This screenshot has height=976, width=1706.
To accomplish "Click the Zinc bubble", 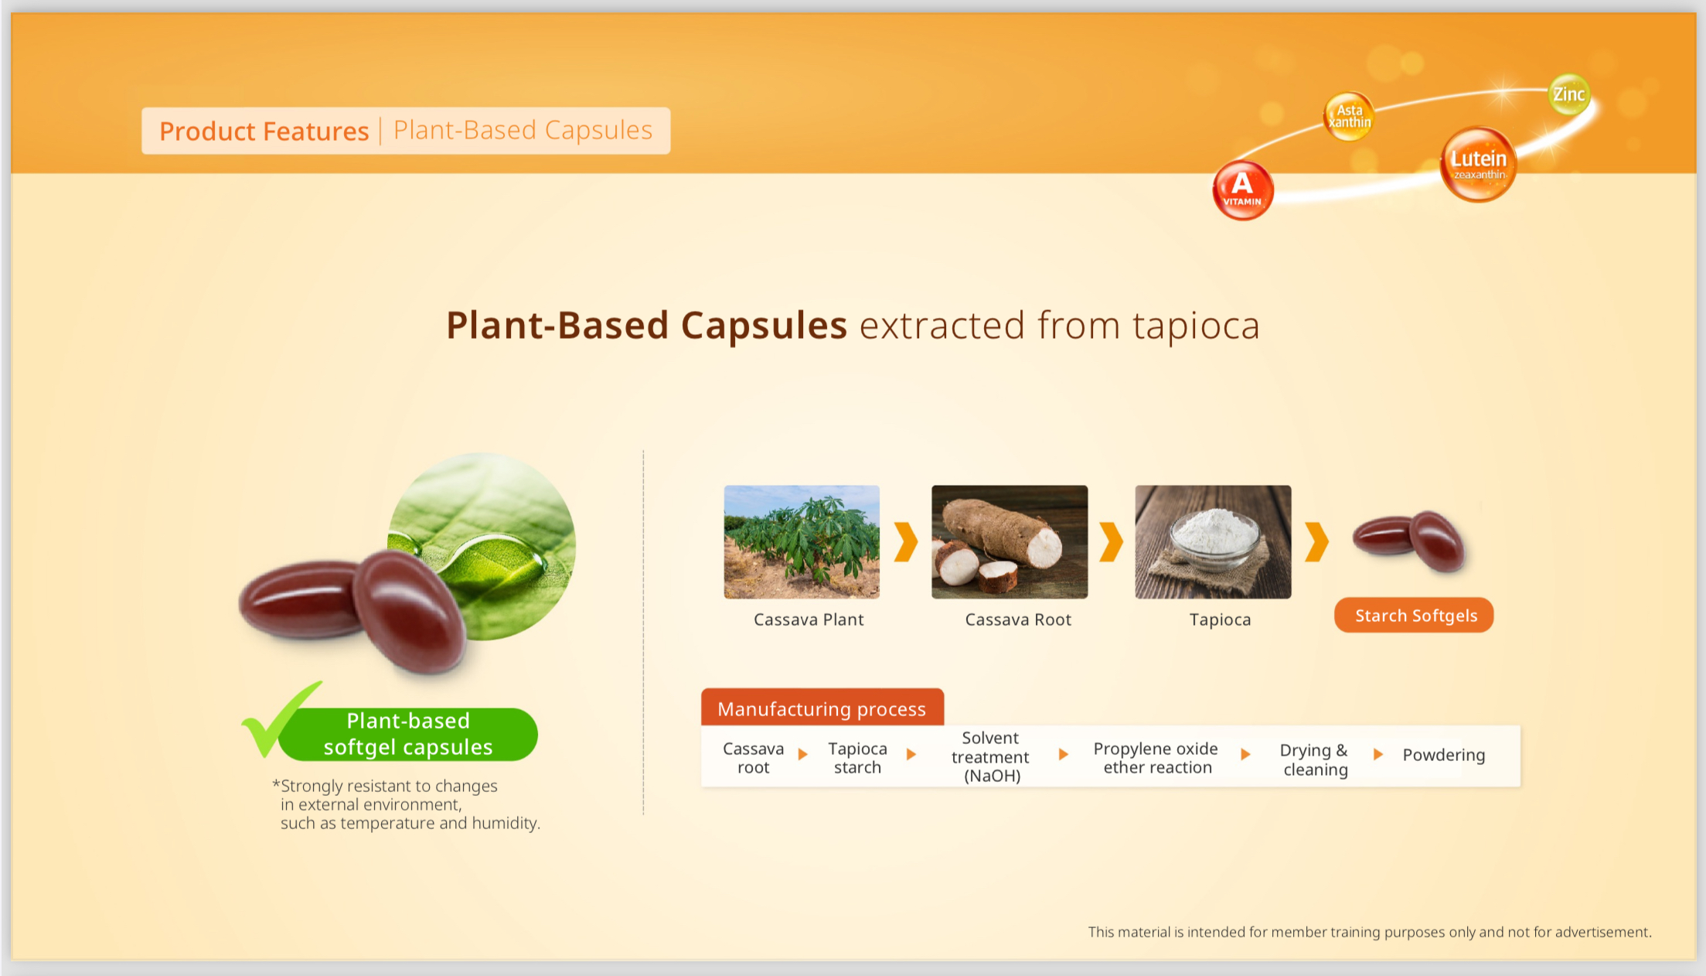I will (x=1569, y=94).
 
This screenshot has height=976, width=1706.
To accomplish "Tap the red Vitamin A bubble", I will (x=1242, y=190).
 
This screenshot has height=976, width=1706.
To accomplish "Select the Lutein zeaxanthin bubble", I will (x=1478, y=165).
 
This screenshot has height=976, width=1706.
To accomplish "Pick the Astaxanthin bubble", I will (x=1349, y=117).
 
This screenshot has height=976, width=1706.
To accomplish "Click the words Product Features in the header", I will (x=264, y=131).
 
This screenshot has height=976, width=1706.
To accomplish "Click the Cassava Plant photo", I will (x=802, y=541).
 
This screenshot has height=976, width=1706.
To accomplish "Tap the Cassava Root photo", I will (x=1009, y=541).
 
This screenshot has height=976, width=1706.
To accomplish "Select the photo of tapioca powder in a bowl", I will (x=1213, y=541).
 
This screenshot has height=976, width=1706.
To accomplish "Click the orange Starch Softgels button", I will (x=1414, y=616).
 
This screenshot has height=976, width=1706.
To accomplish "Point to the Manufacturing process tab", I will (x=822, y=708).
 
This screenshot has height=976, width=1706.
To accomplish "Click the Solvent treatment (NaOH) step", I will (x=990, y=756).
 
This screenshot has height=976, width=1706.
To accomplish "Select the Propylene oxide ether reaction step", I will (x=1156, y=758).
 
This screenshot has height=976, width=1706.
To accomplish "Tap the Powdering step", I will (x=1443, y=755).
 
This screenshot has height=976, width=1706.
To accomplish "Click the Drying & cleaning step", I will (x=1314, y=759).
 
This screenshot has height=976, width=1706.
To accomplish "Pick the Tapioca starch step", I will (x=857, y=758).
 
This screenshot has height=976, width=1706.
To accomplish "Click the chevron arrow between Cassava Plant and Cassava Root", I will (x=905, y=541).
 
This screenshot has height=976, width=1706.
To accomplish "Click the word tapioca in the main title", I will (x=1196, y=325).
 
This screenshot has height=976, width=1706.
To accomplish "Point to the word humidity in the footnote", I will (x=505, y=823).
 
